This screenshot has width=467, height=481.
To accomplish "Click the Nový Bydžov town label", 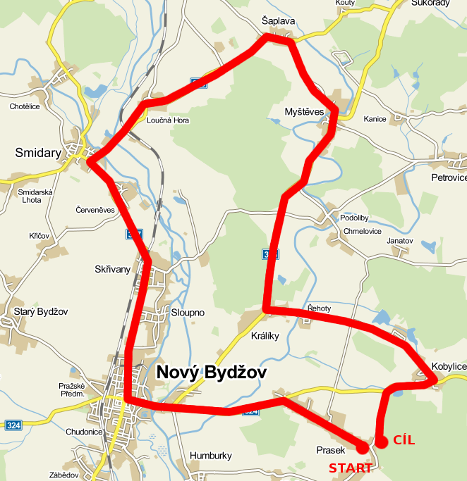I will click(x=211, y=372).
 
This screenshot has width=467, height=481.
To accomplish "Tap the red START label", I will click(x=350, y=468).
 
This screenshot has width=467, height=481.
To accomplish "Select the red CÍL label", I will click(x=404, y=441).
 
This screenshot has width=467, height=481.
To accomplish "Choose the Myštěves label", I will click(x=304, y=112).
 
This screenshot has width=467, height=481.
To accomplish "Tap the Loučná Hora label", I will click(x=168, y=120).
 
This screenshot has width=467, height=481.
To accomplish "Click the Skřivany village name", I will click(x=113, y=269).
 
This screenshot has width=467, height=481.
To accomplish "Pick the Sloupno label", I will click(x=188, y=312).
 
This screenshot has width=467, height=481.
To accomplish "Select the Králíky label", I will click(x=265, y=336).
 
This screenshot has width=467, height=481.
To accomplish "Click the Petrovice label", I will click(x=449, y=177).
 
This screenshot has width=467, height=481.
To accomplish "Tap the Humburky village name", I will click(x=211, y=456).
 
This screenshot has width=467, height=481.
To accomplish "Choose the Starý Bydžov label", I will click(x=40, y=311).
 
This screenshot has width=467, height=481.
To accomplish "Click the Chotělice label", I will click(x=25, y=107).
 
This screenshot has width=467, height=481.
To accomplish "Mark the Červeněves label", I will click(x=95, y=210).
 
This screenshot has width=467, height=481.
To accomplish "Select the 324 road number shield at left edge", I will click(x=12, y=425).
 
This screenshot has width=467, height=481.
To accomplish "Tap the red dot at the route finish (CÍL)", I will click(x=382, y=442).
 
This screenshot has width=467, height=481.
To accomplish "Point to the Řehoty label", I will click(x=320, y=308).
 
